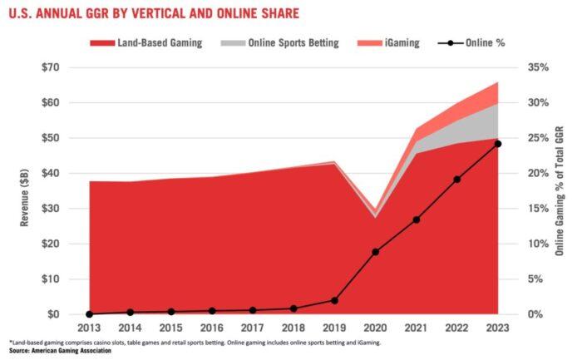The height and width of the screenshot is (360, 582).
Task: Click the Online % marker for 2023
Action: point(498,144)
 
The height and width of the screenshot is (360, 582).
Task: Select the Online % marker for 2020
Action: point(375,252)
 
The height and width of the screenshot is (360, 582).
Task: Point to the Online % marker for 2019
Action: point(334,300)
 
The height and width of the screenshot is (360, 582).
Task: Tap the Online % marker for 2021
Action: point(416,219)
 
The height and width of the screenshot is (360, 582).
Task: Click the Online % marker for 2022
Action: point(457,179)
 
